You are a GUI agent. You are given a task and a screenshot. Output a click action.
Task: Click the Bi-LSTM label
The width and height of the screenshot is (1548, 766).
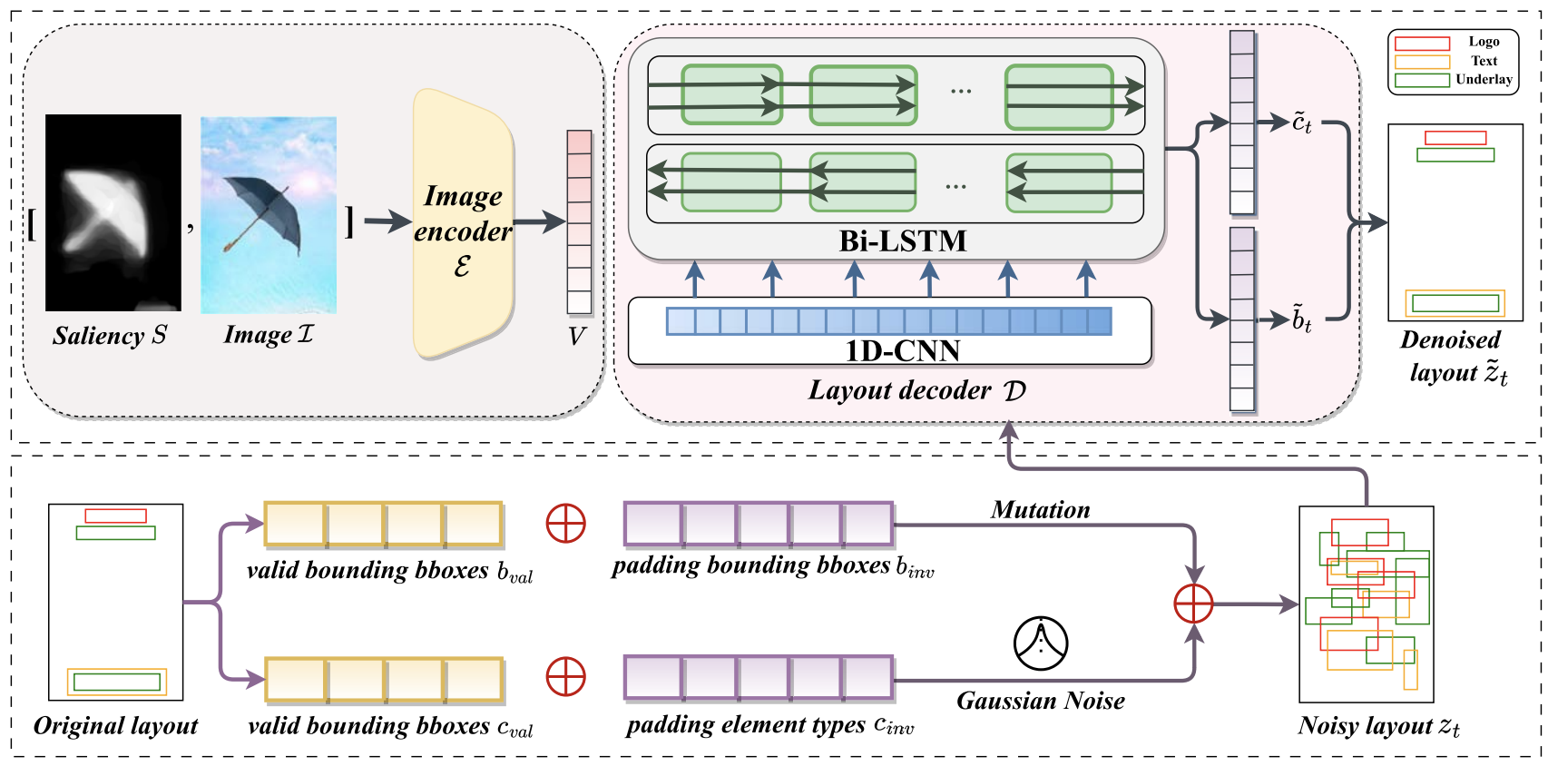pos(902,241)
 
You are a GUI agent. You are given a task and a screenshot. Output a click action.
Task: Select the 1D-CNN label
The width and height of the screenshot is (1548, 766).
pos(902,351)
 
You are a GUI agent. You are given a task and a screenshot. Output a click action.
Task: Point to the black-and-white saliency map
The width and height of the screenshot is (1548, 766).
pos(113,213)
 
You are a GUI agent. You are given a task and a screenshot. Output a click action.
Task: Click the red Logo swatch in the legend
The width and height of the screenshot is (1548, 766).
pos(1422,44)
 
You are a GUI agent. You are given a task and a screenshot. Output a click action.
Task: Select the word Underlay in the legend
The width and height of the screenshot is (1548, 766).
pos(1484,80)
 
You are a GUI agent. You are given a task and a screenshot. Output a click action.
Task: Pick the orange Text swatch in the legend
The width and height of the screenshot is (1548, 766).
pos(1422,62)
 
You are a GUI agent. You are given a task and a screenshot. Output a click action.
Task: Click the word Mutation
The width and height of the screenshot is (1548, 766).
pos(1040,510)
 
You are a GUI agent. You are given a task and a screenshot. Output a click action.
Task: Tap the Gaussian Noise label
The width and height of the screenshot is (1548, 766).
pos(1040,701)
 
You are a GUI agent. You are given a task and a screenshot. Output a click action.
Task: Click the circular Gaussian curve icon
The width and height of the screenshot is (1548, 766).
pos(1040,643)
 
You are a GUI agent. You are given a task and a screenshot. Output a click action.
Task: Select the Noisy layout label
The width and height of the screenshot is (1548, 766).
pos(1378,726)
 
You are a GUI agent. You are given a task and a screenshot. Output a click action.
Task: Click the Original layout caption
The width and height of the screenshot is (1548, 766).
pos(115,726)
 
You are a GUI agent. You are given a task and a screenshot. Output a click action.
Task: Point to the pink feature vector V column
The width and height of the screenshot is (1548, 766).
pos(579,222)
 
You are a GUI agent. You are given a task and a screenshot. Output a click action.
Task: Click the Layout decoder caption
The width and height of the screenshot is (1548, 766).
pos(916,391)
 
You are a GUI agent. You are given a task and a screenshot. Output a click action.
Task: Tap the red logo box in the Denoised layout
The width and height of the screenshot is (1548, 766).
pos(1455,138)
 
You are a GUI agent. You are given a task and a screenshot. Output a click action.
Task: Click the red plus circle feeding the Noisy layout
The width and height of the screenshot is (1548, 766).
pos(1193,604)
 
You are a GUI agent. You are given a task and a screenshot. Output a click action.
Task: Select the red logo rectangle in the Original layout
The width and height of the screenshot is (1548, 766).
pos(115,516)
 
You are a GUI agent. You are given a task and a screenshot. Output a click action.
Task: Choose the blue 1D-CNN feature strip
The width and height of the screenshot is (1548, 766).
pos(888,321)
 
